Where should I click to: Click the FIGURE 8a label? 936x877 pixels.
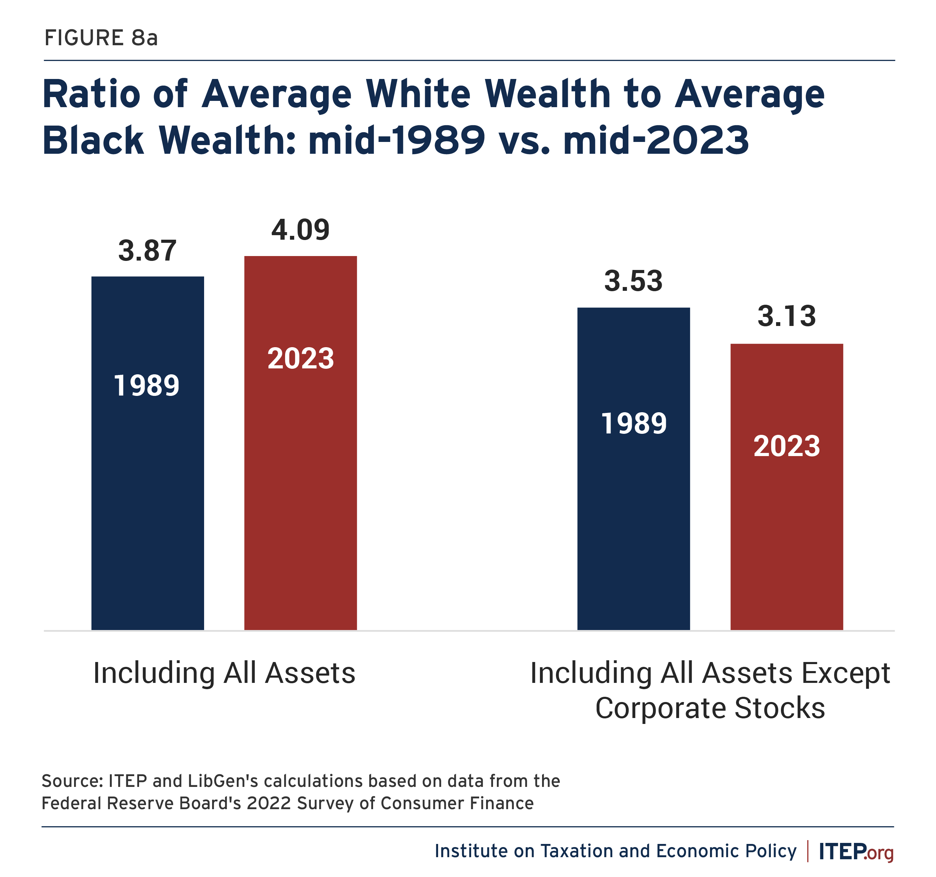point(101,38)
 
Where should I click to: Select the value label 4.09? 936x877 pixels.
point(300,230)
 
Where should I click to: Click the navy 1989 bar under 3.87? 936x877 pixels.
point(147,453)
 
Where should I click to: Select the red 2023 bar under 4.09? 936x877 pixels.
point(300,443)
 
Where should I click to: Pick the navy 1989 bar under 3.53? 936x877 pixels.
point(633,469)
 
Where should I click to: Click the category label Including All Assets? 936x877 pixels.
point(224,673)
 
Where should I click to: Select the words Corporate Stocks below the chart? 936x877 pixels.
point(710,708)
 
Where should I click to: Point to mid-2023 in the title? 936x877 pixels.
point(655,140)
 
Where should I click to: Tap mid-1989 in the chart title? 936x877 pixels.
point(397,140)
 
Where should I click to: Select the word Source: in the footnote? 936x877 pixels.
point(73,781)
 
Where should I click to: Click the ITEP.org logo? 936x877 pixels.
point(856,852)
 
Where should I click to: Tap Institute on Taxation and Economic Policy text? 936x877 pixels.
point(615,851)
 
